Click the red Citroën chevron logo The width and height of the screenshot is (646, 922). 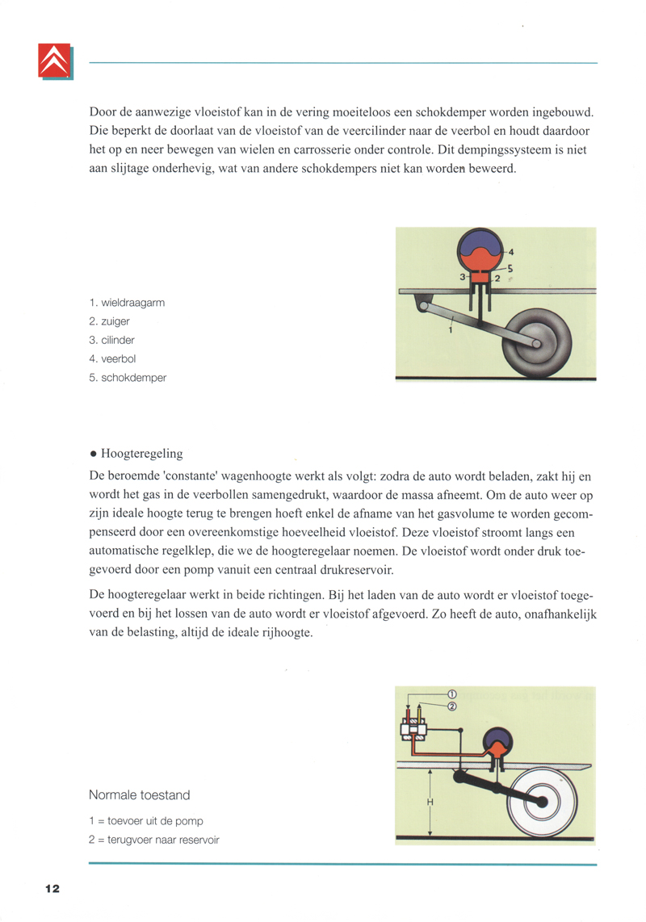[54, 61]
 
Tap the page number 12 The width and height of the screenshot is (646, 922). [52, 889]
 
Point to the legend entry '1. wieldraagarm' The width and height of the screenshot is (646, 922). [128, 303]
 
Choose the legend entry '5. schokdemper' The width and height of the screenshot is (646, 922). [128, 377]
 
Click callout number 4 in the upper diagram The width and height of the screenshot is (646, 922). [511, 251]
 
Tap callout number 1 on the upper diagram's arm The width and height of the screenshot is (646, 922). [450, 329]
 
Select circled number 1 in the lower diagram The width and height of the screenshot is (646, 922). [451, 694]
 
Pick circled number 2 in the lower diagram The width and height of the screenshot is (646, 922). [451, 706]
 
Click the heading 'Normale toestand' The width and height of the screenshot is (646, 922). [140, 795]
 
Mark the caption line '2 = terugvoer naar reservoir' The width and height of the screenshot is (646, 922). [154, 840]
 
